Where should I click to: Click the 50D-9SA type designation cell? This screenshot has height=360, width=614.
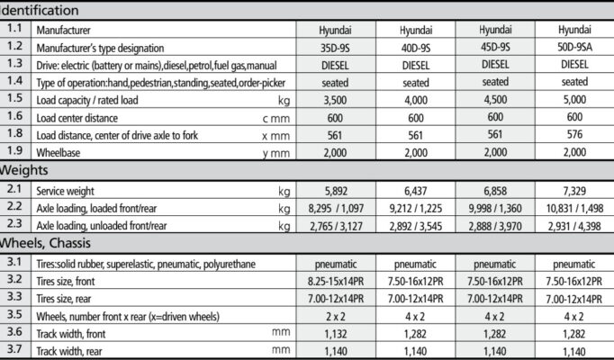(574, 47)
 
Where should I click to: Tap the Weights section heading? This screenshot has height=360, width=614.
(24, 170)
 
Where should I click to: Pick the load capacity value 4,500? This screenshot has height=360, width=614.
(494, 98)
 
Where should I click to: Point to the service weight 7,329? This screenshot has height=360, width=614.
(574, 191)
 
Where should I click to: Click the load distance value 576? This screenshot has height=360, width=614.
(574, 134)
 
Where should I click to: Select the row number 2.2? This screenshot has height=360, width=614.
(15, 208)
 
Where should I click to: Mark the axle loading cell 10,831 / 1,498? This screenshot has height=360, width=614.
(574, 208)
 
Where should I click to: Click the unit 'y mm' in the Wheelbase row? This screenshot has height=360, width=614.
(276, 153)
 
